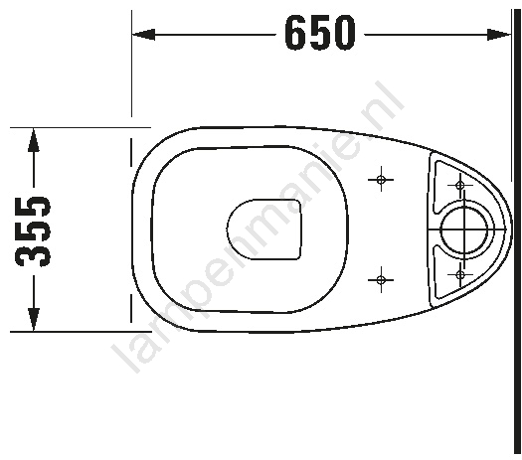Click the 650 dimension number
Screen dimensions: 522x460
(x=320, y=34)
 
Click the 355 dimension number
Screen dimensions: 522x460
(x=33, y=231)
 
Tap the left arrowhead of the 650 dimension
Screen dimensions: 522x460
(x=143, y=34)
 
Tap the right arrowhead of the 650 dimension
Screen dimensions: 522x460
(x=498, y=34)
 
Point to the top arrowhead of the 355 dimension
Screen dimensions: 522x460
(x=33, y=140)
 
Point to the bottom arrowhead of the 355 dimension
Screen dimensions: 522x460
(x=33, y=319)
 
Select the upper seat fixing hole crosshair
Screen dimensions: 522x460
(x=381, y=180)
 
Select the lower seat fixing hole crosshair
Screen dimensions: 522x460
(x=381, y=280)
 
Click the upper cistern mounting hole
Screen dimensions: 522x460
(x=460, y=185)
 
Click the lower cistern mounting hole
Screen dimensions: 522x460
(x=460, y=275)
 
